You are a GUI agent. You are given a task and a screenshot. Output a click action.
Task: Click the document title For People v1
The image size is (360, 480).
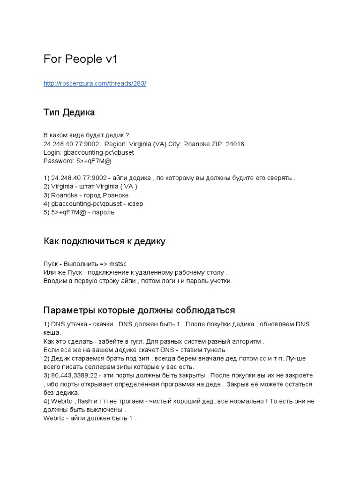pyautogui.click(x=80, y=60)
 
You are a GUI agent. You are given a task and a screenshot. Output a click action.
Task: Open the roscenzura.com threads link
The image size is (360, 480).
pyautogui.click(x=95, y=83)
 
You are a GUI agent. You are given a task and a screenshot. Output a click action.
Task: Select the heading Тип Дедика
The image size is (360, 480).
pyautogui.click(x=69, y=112)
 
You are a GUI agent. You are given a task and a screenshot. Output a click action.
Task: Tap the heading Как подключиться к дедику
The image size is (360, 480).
pyautogui.click(x=104, y=241)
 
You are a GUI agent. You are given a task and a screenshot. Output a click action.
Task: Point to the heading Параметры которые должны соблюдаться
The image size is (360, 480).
pyautogui.click(x=139, y=310)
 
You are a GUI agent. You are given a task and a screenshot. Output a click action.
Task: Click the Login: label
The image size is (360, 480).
pyautogui.click(x=52, y=152)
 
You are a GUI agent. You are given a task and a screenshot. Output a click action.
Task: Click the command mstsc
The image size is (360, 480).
pyautogui.click(x=118, y=264)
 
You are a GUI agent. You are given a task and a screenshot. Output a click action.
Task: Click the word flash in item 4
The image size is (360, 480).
pyautogui.click(x=84, y=401)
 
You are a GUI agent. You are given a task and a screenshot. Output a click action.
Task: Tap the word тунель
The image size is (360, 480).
pyautogui.click(x=215, y=350)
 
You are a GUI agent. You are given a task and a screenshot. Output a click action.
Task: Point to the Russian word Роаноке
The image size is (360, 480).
pyautogui.click(x=115, y=195)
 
